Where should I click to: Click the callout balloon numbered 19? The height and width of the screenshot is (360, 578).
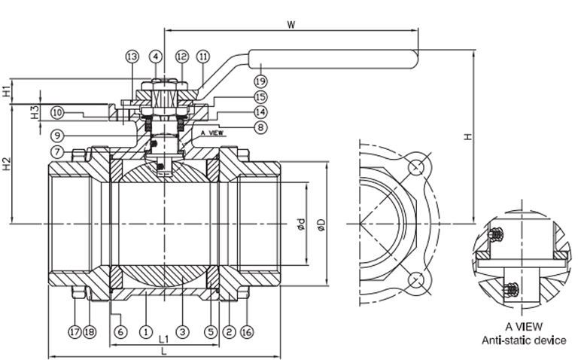point(260,80)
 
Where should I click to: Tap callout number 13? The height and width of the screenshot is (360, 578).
point(132,56)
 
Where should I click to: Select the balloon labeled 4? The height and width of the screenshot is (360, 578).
point(155,56)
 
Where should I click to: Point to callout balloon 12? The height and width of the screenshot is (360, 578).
point(181,56)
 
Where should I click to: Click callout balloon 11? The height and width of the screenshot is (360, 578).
point(203,56)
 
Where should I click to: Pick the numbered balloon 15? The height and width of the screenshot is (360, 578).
point(260,97)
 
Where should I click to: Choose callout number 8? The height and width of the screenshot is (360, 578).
point(260,128)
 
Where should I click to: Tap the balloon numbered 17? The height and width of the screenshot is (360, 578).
point(75,331)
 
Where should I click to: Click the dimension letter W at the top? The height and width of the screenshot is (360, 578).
point(291,24)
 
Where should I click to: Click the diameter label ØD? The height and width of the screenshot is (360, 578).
point(321,224)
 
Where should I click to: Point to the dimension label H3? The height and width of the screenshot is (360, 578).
point(34,112)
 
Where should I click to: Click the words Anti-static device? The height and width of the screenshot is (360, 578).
point(524,340)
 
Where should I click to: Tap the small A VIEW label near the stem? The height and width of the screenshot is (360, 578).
point(212,132)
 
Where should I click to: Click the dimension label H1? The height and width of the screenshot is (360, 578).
point(7,92)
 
